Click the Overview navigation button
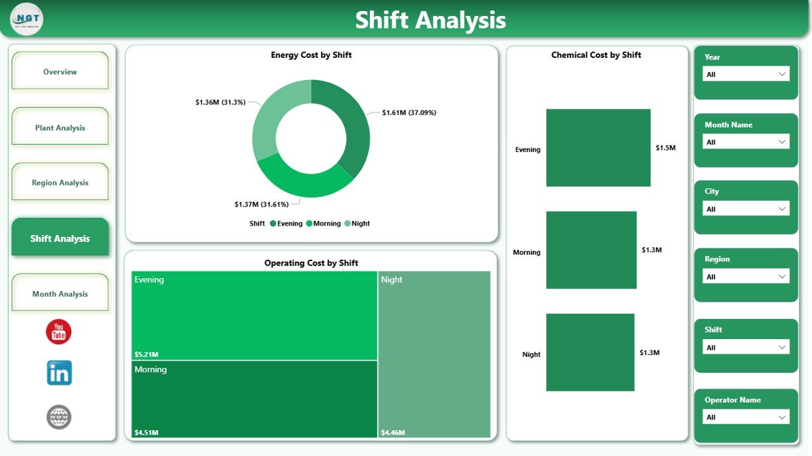[60, 72]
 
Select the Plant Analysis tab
[60, 128]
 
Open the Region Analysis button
[60, 183]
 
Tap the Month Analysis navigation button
[60, 294]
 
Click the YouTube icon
[59, 332]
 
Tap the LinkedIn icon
[59, 373]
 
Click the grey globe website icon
[59, 417]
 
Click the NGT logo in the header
[27, 19]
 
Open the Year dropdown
[746, 74]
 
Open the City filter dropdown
[746, 209]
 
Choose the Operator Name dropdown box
[746, 417]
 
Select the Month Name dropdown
[746, 142]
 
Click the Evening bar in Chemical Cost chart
[598, 148]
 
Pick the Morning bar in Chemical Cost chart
[591, 250]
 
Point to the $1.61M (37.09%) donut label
[409, 112]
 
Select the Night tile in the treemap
[435, 354]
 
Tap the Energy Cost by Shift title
[311, 55]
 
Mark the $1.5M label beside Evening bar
[665, 148]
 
